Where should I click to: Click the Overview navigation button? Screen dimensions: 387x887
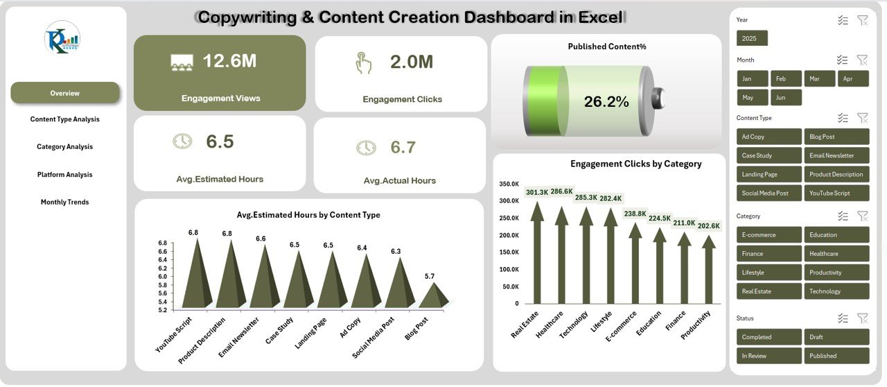point(65,93)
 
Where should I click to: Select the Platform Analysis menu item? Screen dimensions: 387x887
point(65,175)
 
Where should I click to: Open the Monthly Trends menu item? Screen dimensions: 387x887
point(65,203)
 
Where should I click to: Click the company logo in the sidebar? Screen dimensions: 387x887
point(62,38)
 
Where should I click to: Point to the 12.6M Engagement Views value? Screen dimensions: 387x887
point(229,61)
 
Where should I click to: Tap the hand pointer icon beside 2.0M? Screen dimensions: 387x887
point(363,63)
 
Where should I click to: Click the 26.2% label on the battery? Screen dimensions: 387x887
point(606,102)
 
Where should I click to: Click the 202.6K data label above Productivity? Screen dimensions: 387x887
point(708,225)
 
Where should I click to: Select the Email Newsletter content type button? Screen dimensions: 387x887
point(836,155)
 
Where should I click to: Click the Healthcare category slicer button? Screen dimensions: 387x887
point(836,254)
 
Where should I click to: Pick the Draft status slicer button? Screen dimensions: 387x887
point(836,337)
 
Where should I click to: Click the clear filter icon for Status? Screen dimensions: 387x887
point(862,318)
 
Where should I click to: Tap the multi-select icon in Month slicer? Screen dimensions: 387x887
point(842,60)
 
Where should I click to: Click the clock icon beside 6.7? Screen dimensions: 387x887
point(366,148)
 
